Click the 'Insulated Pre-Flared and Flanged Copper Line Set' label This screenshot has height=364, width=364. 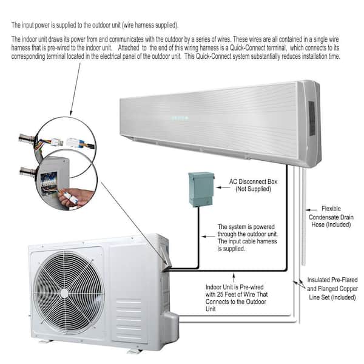[x=332, y=289]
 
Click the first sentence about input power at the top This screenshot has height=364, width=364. [x=94, y=25]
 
